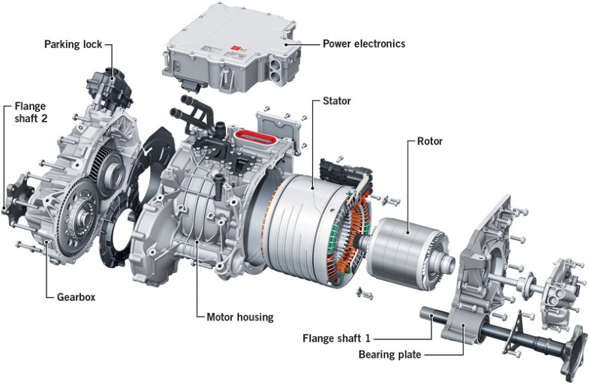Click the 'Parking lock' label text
(x=73, y=44)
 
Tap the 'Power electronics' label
(x=364, y=44)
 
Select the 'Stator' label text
(x=337, y=100)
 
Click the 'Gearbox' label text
(x=76, y=296)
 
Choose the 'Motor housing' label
(x=239, y=317)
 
